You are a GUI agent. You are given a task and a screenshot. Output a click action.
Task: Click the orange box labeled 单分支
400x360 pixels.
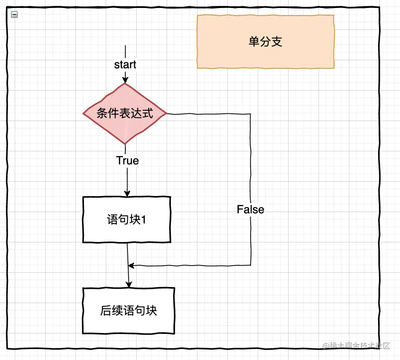pos(265,42)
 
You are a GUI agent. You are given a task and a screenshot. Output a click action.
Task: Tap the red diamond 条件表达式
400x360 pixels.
pos(125,113)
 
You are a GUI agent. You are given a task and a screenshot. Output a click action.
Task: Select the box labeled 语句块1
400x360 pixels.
pos(127,220)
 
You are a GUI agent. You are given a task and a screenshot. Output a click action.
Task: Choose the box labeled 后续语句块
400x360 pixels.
pos(128,311)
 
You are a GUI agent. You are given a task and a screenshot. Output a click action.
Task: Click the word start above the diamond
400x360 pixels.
pos(125,64)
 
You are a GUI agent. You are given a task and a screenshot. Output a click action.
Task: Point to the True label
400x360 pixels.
pos(127,161)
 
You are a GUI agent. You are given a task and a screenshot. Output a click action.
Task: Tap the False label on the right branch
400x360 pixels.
pos(250,210)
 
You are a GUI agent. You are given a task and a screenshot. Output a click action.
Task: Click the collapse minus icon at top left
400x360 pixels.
pos(14,14)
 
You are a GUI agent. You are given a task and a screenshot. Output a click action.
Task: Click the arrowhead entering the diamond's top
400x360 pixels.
pos(125,80)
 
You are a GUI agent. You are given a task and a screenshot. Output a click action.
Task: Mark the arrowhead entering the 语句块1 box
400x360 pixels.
pos(127,193)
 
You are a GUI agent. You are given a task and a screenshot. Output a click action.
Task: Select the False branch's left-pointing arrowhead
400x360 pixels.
pos(131,266)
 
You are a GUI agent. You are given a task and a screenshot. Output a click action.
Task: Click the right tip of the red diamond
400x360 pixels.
pos(167,113)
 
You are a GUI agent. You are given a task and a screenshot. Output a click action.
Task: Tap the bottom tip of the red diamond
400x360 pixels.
pos(125,144)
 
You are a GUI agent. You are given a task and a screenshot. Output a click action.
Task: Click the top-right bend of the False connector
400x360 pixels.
pos(251,114)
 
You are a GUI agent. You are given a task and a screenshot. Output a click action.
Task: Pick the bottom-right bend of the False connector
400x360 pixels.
pos(251,266)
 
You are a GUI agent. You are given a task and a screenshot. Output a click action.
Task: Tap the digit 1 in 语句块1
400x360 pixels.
pos(143,220)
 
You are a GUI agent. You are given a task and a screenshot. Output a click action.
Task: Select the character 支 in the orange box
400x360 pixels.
pos(277,42)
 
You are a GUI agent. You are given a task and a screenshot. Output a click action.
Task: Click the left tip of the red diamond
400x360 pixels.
pos(84,113)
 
